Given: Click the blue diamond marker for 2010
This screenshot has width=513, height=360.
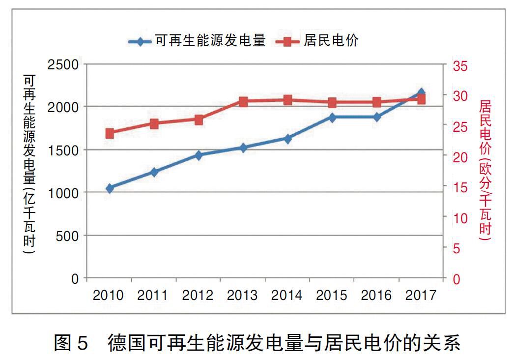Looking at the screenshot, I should click(110, 188).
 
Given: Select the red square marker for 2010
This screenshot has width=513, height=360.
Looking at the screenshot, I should click(110, 133).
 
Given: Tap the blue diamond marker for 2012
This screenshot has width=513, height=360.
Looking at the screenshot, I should click(199, 155).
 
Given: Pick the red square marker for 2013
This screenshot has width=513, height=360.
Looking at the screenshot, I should click(243, 102).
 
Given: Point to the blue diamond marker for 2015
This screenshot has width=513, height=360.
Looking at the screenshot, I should click(332, 118).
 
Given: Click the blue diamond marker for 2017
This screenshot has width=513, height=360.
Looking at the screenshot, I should click(421, 93).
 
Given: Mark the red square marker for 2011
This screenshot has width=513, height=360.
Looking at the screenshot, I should click(154, 124).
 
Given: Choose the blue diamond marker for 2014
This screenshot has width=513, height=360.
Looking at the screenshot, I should click(287, 139).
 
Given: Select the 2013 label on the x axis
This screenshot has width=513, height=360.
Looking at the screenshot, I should click(242, 296).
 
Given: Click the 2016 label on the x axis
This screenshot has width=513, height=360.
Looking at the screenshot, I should click(376, 296).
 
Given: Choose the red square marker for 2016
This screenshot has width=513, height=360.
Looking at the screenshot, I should click(376, 102).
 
